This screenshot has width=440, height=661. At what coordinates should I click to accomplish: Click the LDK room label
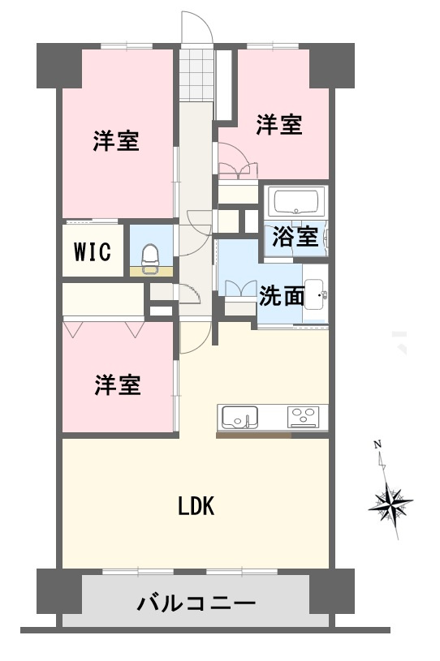click(196, 507)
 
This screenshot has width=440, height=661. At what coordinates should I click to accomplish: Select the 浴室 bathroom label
click(295, 237)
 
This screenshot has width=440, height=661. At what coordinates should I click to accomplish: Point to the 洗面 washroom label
click(282, 296)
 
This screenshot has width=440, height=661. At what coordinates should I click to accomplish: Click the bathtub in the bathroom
click(297, 200)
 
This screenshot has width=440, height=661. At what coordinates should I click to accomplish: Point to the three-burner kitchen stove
click(304, 417)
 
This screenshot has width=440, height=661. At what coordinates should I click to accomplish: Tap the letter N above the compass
click(377, 444)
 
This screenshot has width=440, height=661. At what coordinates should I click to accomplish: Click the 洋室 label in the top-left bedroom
click(115, 142)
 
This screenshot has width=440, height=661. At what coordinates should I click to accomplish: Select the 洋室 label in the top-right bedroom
click(280, 125)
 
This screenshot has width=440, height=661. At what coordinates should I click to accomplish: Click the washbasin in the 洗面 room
click(316, 296)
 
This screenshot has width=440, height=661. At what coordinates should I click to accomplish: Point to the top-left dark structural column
click(58, 67)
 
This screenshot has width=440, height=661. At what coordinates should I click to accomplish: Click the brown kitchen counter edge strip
click(253, 436)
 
